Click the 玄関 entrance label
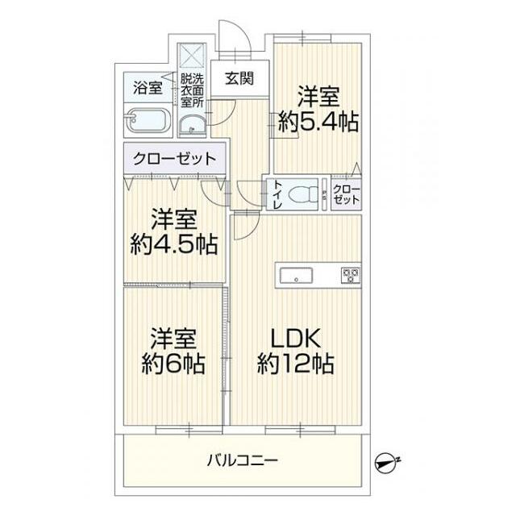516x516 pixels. (x=239, y=79)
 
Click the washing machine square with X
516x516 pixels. (x=193, y=55)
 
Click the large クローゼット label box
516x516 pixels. (x=174, y=158)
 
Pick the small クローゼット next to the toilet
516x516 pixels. (x=347, y=195)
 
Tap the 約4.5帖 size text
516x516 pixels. (x=174, y=244)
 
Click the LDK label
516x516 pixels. (x=296, y=338)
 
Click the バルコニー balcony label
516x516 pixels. (x=242, y=460)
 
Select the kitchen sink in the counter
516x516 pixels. (x=298, y=277)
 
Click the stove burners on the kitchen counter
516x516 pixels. (x=351, y=275)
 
